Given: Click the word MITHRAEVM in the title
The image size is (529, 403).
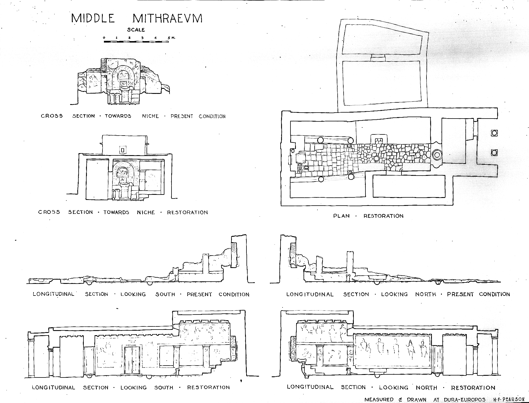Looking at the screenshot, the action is (x=168, y=18).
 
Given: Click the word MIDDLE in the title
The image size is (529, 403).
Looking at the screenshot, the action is (x=93, y=18).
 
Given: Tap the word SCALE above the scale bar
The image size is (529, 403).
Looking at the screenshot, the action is (x=136, y=30).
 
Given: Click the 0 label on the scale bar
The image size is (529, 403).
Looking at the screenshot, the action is (x=104, y=37).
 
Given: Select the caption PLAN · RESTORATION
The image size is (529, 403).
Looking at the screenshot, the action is (x=368, y=216).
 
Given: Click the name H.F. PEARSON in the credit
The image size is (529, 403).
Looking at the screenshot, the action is (x=509, y=399).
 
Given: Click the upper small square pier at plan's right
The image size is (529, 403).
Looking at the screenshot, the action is (x=494, y=133).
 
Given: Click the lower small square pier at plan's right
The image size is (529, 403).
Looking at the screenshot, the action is (x=494, y=153).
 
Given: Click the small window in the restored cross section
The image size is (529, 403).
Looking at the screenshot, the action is (x=123, y=150).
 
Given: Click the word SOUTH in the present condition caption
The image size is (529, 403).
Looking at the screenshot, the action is (x=165, y=294).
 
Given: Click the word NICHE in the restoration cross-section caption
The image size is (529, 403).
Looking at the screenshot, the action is (x=146, y=212).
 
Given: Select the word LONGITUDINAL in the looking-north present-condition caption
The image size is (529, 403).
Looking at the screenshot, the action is (x=310, y=294).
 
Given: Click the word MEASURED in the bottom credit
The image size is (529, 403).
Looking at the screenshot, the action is (x=379, y=399).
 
